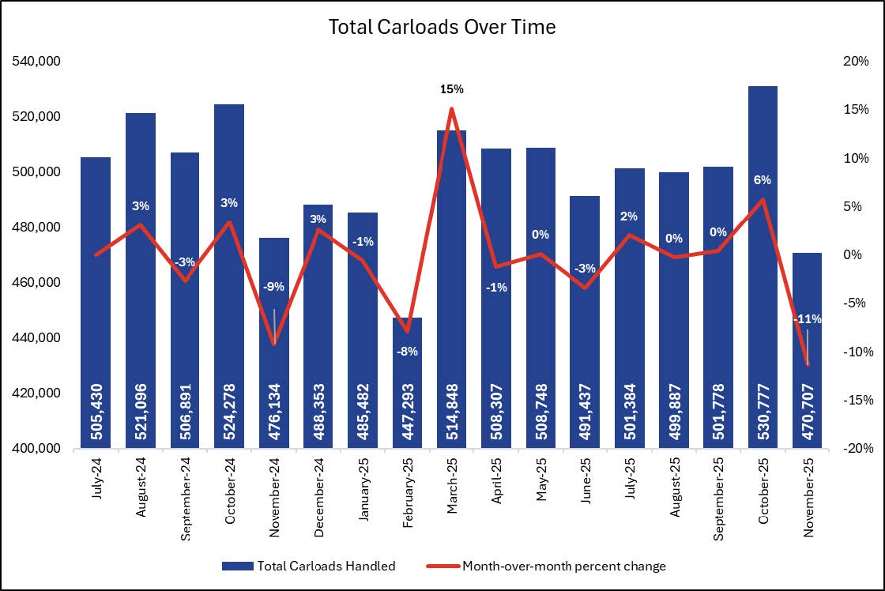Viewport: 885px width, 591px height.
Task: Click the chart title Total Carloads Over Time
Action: [442, 27]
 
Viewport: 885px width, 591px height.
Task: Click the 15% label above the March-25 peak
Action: [452, 89]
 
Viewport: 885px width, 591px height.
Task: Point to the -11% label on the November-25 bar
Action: [808, 319]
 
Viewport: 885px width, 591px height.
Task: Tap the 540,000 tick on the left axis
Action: [39, 62]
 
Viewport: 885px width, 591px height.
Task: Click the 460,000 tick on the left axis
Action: [39, 283]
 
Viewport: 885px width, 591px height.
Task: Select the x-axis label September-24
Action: [185, 495]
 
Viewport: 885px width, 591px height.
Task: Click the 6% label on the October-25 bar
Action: [763, 180]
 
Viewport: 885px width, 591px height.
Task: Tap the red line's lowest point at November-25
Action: [808, 364]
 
